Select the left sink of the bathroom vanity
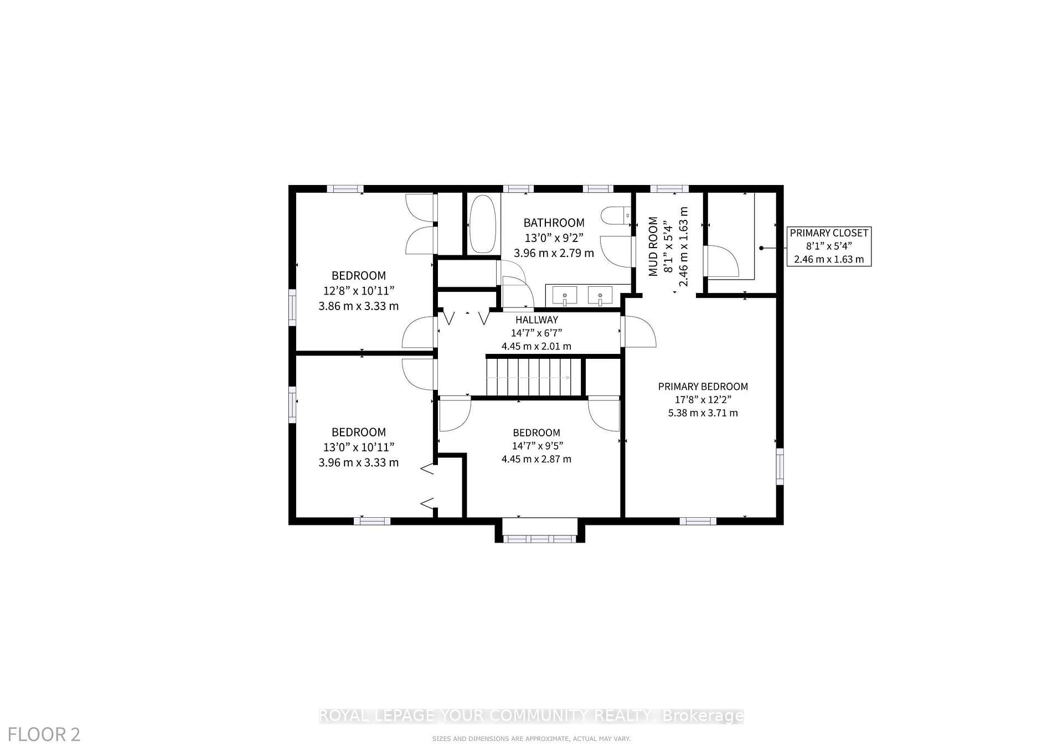[x=564, y=296]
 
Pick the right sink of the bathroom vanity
[x=600, y=296]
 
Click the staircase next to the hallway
[x=534, y=377]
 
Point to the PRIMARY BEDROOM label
[x=703, y=387]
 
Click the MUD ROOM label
[x=653, y=246]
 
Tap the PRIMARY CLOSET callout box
[x=829, y=246]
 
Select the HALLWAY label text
[x=536, y=320]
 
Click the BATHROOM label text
[x=554, y=223]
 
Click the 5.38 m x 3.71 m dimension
[x=703, y=413]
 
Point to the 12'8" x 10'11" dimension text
[x=359, y=291]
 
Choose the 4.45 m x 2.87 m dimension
[x=536, y=459]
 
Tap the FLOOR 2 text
[x=44, y=734]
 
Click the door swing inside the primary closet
[x=721, y=261]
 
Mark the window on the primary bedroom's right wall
[x=780, y=466]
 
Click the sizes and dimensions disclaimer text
[x=531, y=739]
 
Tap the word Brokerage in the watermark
[x=703, y=716]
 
